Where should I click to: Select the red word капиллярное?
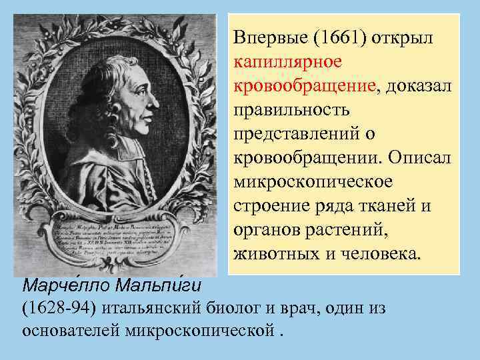click(x=287, y=62)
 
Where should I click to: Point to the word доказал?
click(x=417, y=86)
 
